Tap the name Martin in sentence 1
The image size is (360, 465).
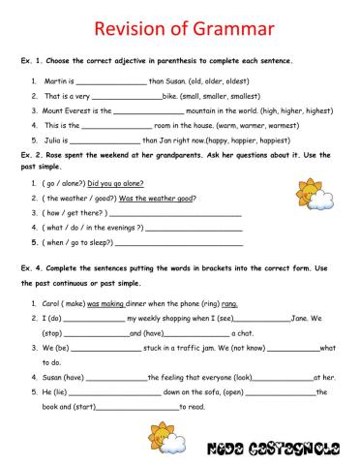[56, 82]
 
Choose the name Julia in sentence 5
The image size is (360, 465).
[53, 139]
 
